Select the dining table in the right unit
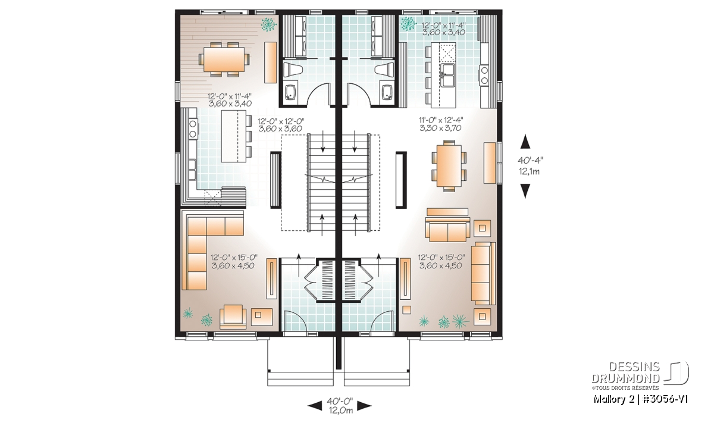tap(449, 166)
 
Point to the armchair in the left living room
tap(233, 317)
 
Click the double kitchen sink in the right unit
tap(449, 75)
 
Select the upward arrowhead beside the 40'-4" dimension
tap(525, 142)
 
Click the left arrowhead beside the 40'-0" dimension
tap(315, 406)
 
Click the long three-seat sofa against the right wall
tap(484, 273)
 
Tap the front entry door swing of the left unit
tap(295, 320)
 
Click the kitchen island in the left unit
tap(234, 136)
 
